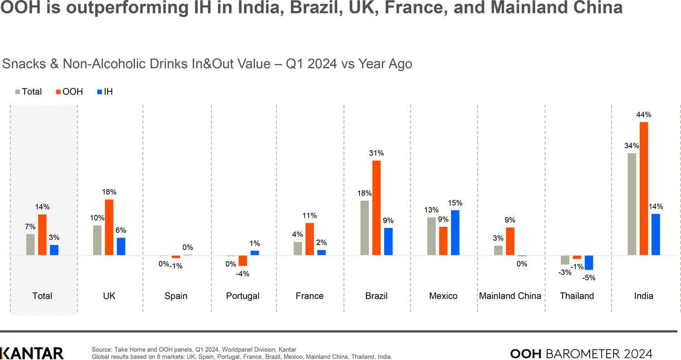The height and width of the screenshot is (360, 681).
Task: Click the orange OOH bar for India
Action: (643, 189)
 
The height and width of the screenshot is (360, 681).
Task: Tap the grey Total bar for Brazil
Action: (365, 228)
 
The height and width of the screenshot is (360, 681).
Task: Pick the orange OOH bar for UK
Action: (109, 227)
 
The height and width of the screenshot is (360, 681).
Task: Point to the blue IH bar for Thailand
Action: (589, 263)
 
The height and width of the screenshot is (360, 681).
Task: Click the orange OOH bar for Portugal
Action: (243, 261)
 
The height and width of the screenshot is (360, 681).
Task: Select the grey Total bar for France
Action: (298, 249)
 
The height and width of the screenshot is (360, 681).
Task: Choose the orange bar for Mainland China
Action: (510, 242)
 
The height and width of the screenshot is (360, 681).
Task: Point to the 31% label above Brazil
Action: (376, 153)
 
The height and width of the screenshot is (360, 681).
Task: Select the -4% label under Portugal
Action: (243, 274)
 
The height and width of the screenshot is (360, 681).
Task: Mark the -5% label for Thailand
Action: (589, 278)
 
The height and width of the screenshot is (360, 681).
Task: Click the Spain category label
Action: (176, 296)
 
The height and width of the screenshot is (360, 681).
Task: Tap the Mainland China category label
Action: (510, 296)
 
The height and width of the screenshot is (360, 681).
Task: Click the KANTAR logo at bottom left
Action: (32, 353)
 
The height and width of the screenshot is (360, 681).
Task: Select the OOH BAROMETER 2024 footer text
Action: (582, 353)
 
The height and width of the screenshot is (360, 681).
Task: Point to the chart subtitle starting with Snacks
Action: (207, 64)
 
